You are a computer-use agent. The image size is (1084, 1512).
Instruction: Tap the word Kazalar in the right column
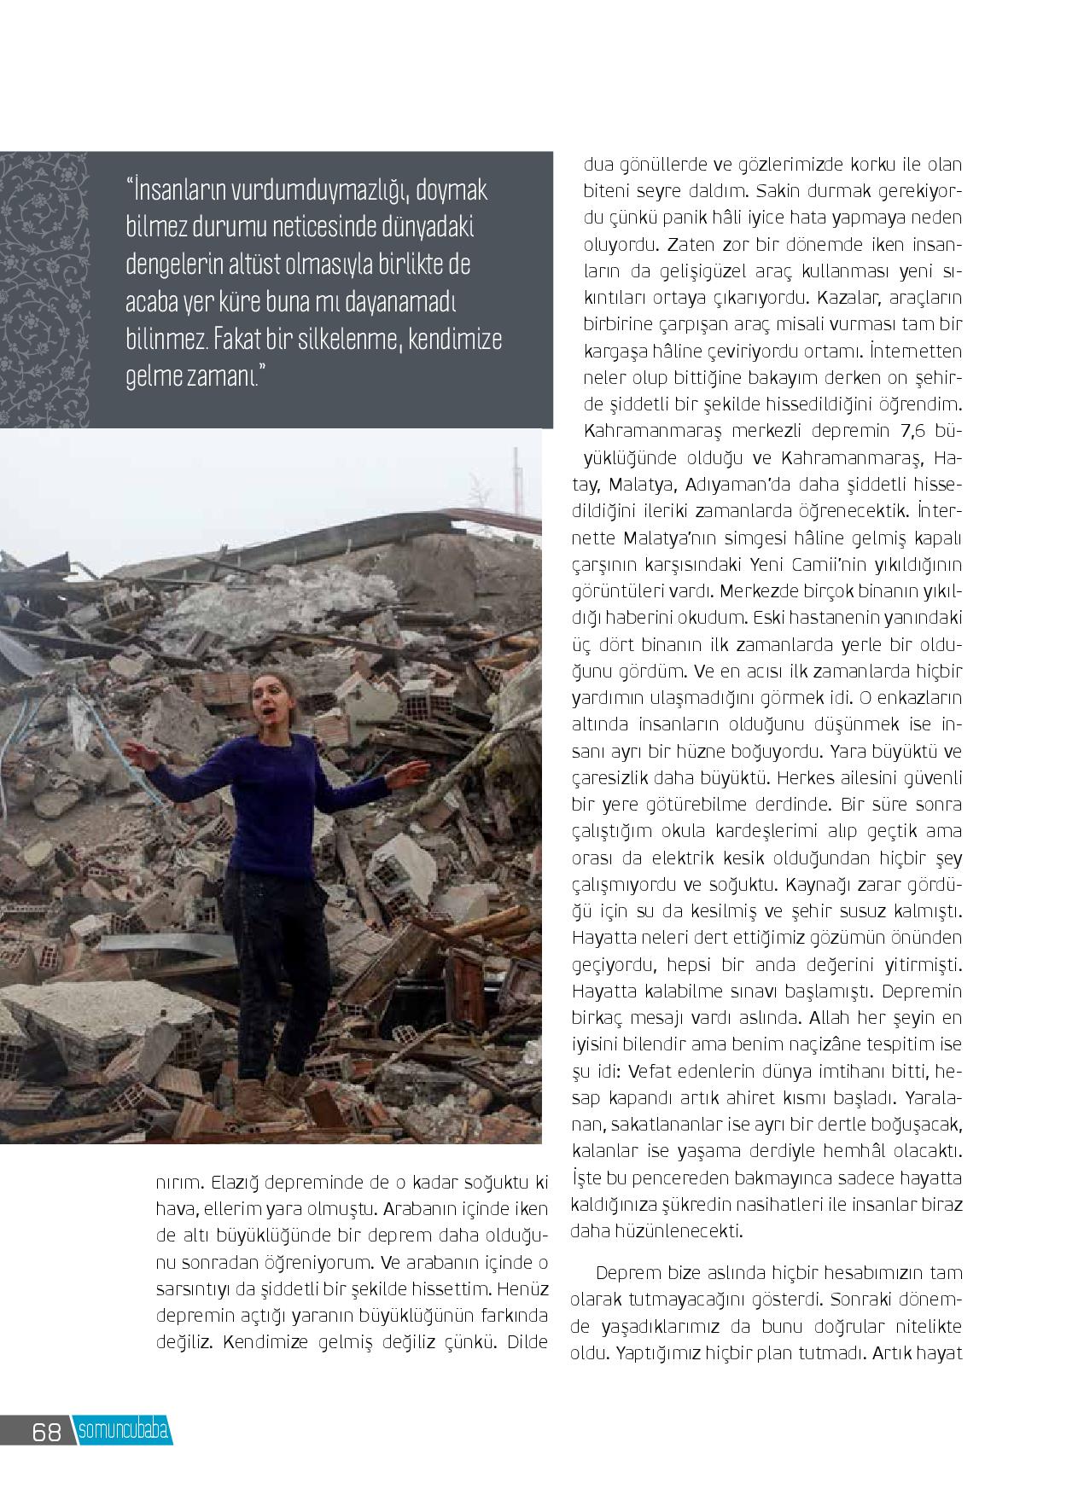(x=846, y=299)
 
